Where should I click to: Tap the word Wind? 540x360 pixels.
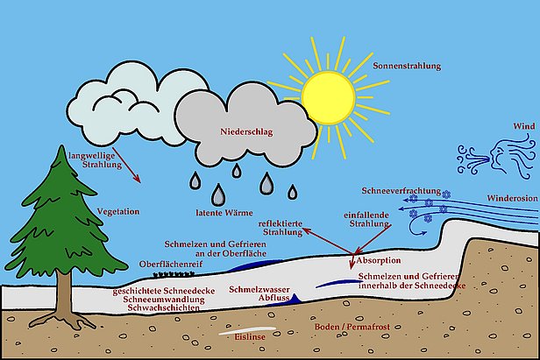pos(522,127)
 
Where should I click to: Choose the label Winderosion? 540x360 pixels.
pos(511,198)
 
